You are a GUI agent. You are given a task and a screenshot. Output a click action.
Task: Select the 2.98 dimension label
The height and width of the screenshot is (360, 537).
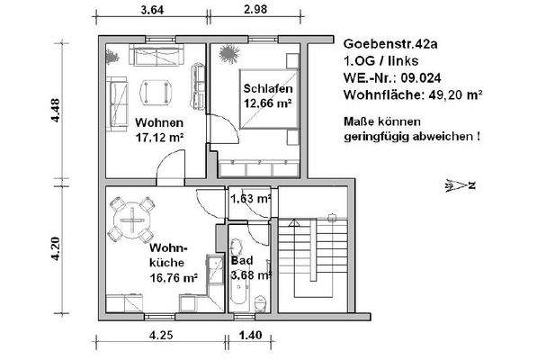(x=256, y=12)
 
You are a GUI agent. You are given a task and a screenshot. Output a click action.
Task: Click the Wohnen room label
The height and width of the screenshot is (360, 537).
(x=159, y=122)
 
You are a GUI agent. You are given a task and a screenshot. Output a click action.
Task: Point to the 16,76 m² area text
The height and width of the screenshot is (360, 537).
(x=173, y=277)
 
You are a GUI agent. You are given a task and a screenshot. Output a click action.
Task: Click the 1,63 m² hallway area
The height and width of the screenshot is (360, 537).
(x=251, y=198)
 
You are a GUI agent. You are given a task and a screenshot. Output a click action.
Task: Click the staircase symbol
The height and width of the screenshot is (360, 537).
(x=311, y=256)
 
